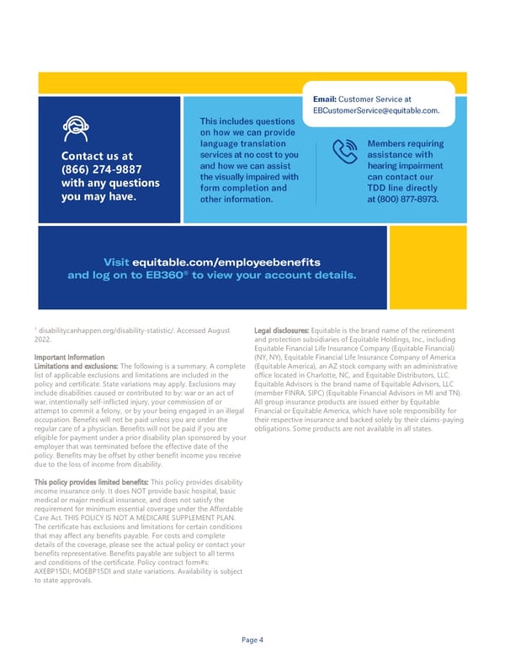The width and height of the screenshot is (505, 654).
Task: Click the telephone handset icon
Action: pos(343,152)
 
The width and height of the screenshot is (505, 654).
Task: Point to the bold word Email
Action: pos(324,99)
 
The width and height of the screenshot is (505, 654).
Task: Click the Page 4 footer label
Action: pos(252,640)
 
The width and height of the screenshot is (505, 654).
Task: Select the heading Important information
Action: pos(68,355)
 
